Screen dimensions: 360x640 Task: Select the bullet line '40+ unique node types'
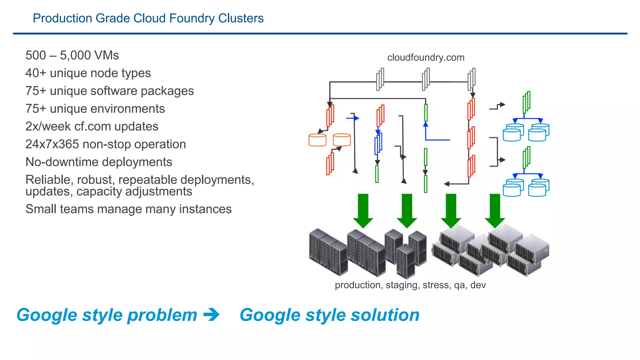pyautogui.click(x=88, y=73)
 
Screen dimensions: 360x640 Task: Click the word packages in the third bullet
pyautogui.click(x=167, y=91)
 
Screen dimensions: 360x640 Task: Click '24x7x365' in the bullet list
pyautogui.click(x=52, y=144)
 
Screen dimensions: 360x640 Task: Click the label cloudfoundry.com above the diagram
pyautogui.click(x=426, y=57)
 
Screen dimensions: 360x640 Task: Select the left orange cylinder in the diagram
pyautogui.click(x=317, y=140)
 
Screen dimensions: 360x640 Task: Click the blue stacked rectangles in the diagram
pyautogui.click(x=378, y=143)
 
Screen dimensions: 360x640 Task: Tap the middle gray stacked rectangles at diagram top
pyautogui.click(x=426, y=79)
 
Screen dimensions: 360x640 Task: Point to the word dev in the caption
pyautogui.click(x=478, y=285)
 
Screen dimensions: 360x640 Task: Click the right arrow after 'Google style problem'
pyautogui.click(x=211, y=315)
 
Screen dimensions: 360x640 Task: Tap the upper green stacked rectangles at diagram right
pyautogui.click(x=527, y=102)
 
